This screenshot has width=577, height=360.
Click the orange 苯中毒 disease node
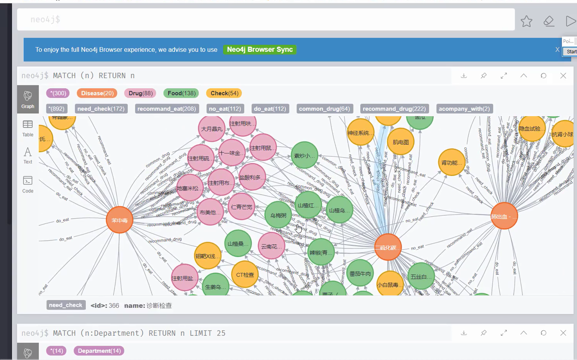pos(120,220)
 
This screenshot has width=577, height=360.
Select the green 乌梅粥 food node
pos(278,215)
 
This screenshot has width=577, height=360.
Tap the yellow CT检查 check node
pos(245,275)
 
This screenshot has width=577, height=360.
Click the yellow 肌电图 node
pos(400,142)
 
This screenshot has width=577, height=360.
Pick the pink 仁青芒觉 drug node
pos(241,207)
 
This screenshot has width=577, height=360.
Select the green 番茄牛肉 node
pos(360,274)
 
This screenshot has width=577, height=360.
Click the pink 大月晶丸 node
pos(212,129)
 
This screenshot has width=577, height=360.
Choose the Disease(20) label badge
pos(97,93)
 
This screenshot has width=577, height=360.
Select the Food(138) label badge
pos(181,93)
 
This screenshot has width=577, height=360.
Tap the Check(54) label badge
pos(225,93)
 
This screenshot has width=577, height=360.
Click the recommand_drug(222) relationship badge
pos(394,109)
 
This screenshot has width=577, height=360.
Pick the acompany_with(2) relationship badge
pos(464,109)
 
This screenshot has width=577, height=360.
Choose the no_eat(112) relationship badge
pos(225,109)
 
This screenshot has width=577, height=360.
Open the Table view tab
pos(28,128)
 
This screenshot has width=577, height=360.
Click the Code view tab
pos(28,184)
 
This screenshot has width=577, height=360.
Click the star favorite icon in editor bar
pos(526,21)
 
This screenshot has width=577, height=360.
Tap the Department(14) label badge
pos(99,351)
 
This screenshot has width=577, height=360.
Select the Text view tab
pos(28,155)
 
